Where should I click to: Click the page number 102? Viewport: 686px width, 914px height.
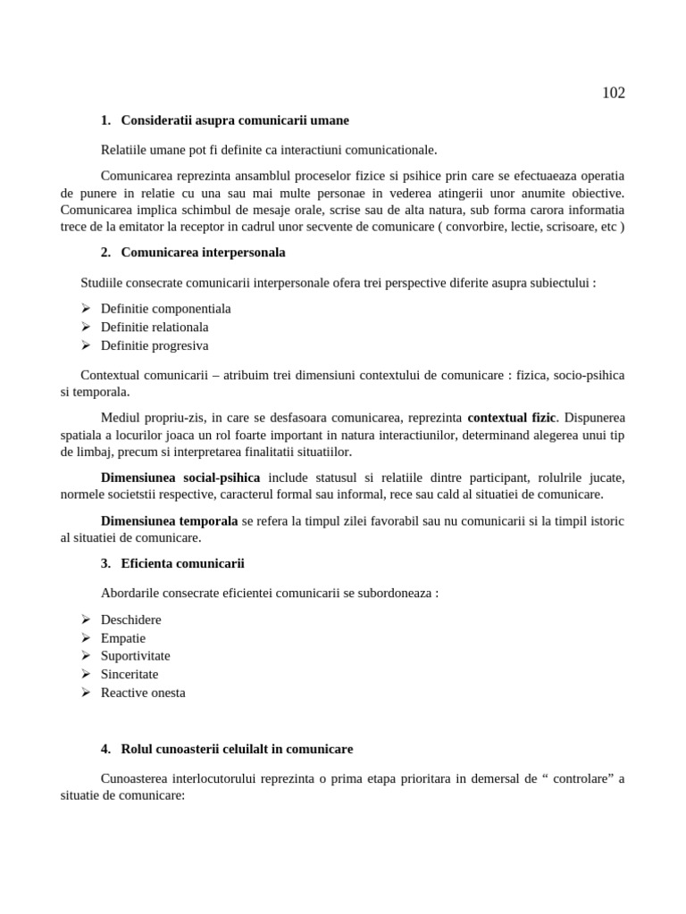(x=613, y=94)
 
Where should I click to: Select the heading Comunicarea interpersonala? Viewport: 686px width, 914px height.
(x=203, y=253)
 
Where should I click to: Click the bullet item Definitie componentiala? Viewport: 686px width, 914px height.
(x=165, y=308)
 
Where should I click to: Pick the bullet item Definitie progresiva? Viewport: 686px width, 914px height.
(x=154, y=345)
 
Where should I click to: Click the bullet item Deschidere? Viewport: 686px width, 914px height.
(x=130, y=619)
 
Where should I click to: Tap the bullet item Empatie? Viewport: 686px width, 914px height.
(x=122, y=638)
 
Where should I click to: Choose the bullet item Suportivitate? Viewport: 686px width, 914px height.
(x=135, y=656)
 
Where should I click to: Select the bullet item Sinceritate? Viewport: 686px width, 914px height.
(x=129, y=675)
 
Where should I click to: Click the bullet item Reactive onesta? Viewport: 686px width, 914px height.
(x=143, y=693)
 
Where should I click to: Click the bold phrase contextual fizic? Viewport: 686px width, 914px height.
(x=511, y=417)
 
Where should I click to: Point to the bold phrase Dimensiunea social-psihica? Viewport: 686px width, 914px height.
(x=183, y=478)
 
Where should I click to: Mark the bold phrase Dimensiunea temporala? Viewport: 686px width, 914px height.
(x=169, y=520)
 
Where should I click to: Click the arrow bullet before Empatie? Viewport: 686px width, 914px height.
(x=86, y=638)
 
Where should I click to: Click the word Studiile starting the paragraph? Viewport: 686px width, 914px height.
(x=104, y=283)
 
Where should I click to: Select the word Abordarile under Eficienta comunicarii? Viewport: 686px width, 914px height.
(x=131, y=593)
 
